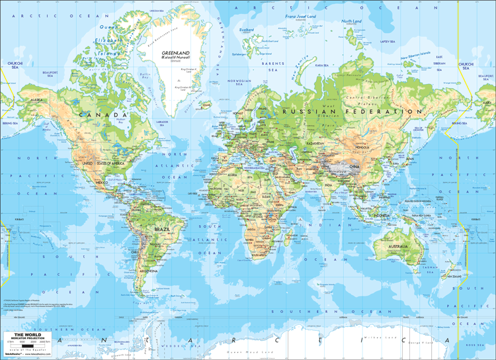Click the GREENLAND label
175,53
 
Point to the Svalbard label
247,30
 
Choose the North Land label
351,21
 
